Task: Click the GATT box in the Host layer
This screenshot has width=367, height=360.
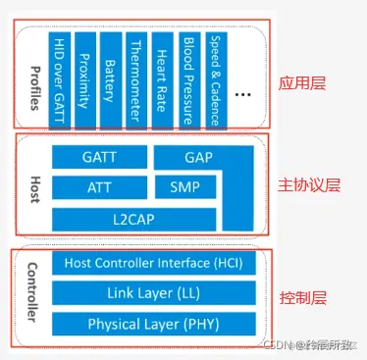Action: coord(99,157)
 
